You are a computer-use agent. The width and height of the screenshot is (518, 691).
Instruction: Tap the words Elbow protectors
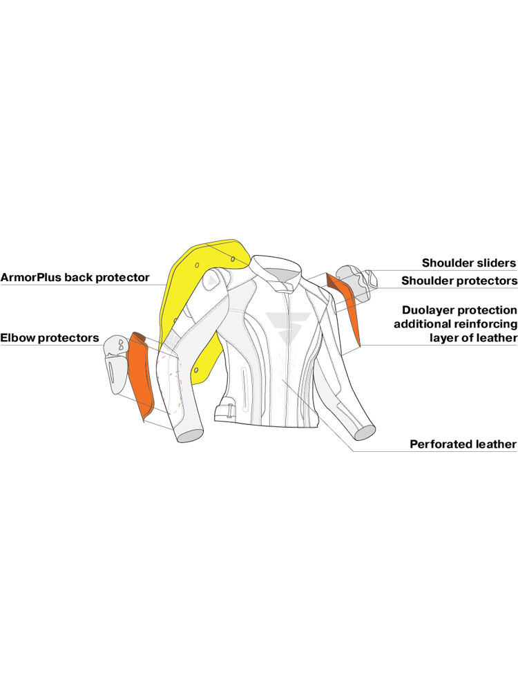tap(50, 339)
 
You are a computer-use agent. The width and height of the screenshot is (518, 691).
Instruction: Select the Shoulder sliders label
tap(469, 263)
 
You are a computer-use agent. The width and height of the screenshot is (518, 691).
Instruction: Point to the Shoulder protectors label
tap(459, 281)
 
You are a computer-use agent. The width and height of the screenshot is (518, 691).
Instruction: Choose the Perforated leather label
tap(463, 444)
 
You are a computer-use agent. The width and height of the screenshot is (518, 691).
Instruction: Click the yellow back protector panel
tap(186, 297)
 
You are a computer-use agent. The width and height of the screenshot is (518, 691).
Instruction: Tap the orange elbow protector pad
tap(143, 373)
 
